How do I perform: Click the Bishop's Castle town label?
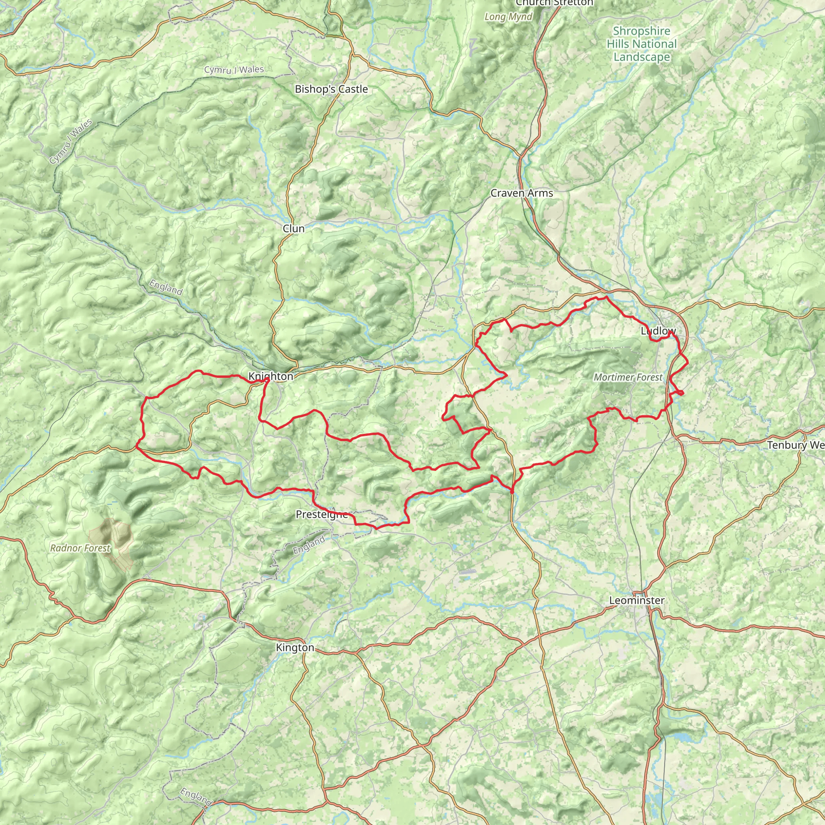(x=332, y=89)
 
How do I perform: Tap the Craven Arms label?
(x=521, y=193)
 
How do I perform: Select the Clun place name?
(x=293, y=228)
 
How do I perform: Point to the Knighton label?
(x=271, y=376)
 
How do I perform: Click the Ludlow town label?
(x=658, y=331)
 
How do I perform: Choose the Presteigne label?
(x=321, y=514)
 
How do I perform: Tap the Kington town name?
(x=295, y=648)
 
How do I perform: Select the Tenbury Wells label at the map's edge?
(x=795, y=446)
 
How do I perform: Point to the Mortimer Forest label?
(x=628, y=377)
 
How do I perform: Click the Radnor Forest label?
(x=80, y=548)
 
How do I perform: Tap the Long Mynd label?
(x=508, y=17)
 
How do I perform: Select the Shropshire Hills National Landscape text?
(x=641, y=44)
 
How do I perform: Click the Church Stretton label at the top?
(x=554, y=3)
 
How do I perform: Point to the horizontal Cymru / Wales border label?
(x=234, y=70)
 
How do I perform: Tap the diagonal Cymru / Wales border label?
(x=70, y=142)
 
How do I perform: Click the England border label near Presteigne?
(x=309, y=545)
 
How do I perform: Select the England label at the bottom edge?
(x=195, y=797)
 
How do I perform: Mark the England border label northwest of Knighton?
(x=166, y=287)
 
